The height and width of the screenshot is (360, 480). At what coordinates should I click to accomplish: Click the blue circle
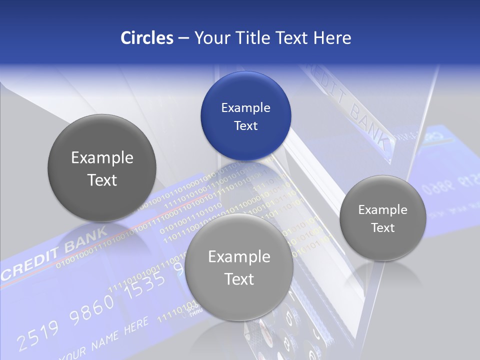[x=245, y=116]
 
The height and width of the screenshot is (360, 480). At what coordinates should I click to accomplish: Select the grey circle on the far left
[x=102, y=168]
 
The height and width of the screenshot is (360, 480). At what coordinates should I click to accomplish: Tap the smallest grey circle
[x=382, y=218]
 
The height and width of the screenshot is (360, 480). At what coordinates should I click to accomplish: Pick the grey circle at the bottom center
[x=239, y=267]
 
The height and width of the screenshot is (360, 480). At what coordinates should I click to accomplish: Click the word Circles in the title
[x=147, y=38]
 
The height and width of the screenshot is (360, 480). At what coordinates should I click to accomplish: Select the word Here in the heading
[x=332, y=38]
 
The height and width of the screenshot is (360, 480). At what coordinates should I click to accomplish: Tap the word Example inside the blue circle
[x=245, y=107]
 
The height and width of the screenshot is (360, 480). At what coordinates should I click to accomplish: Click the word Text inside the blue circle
[x=245, y=125]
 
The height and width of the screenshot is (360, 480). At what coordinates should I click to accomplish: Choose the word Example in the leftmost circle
[x=102, y=158]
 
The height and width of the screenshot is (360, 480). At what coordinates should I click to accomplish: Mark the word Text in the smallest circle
[x=382, y=228]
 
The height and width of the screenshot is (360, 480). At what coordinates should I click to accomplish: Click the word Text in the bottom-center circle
[x=239, y=279]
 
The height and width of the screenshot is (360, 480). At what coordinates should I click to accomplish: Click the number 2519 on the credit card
[x=38, y=334]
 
